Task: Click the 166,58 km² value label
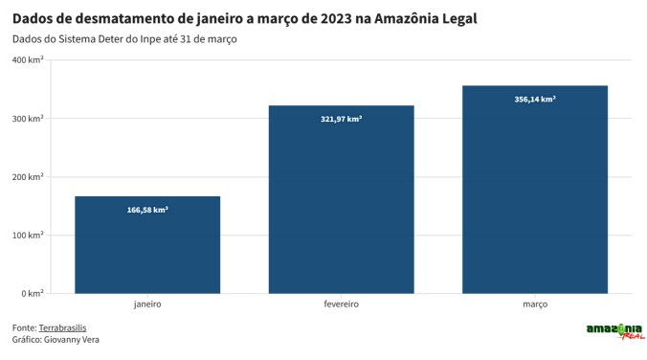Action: [x=147, y=209]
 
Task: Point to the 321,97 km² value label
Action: [x=341, y=119]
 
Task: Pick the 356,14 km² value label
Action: [x=534, y=99]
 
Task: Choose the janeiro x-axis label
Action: [x=147, y=304]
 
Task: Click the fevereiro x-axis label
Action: [x=341, y=304]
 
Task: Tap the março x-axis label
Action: [x=534, y=304]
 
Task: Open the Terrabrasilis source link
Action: [x=62, y=327]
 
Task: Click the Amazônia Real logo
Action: [x=614, y=331]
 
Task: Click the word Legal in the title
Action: [x=454, y=18]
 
